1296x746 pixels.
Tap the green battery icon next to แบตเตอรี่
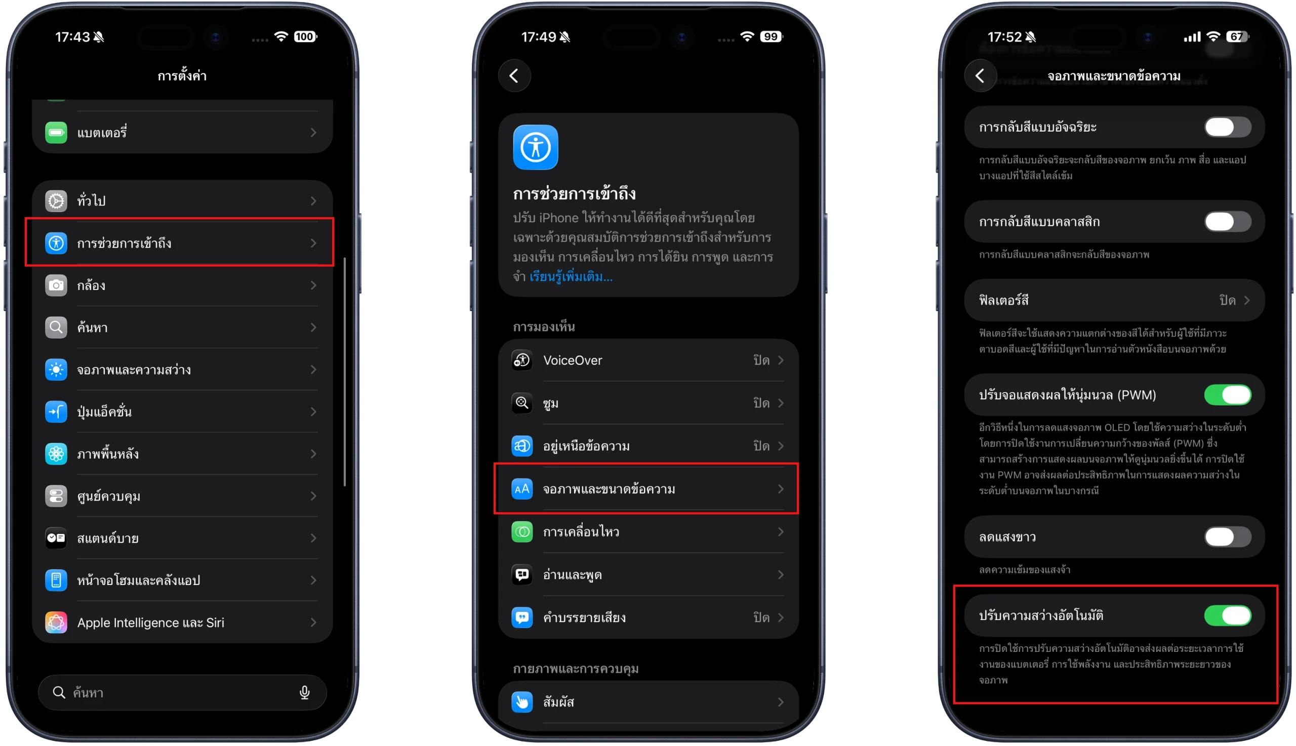(x=56, y=133)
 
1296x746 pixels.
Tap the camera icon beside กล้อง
(x=56, y=285)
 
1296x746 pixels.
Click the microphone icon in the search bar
(x=304, y=693)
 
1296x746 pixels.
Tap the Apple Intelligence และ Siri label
(x=151, y=623)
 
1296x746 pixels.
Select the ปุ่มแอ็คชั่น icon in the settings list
(x=56, y=412)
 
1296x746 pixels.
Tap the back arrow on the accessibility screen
(x=514, y=76)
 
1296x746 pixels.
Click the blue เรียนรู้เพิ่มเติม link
(x=571, y=277)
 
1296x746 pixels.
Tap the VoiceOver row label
(x=573, y=360)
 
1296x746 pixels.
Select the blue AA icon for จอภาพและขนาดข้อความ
(x=522, y=489)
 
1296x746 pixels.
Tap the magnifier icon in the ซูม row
(x=522, y=403)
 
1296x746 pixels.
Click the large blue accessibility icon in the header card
(x=536, y=147)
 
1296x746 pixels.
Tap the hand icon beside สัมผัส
(x=522, y=702)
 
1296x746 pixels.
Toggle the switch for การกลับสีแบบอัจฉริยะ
(x=1227, y=127)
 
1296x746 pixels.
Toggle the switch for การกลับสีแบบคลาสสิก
(x=1227, y=222)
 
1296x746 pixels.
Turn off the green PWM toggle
(x=1227, y=395)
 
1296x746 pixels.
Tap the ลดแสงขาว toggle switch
(x=1227, y=537)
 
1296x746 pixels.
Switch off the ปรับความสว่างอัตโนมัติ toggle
(x=1227, y=615)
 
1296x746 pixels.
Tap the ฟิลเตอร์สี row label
(x=1003, y=300)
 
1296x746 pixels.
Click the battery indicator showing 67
(x=1237, y=36)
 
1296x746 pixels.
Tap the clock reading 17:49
(x=538, y=37)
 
